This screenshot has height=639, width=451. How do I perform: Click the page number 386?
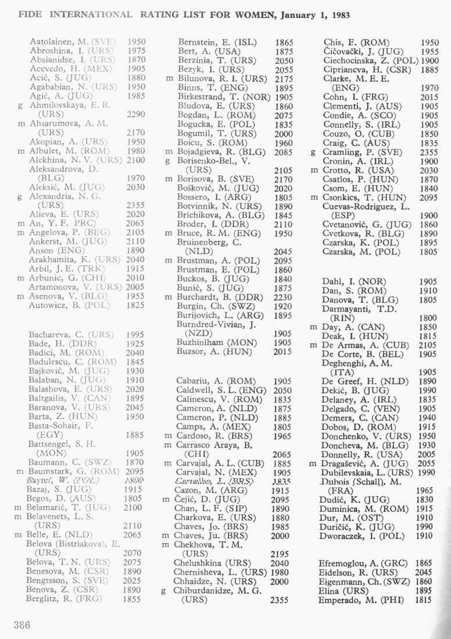click(x=22, y=625)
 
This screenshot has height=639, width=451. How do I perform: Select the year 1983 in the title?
click(x=337, y=15)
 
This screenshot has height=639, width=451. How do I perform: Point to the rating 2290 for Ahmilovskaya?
click(x=135, y=114)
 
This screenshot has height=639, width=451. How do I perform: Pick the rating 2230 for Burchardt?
click(x=283, y=297)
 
